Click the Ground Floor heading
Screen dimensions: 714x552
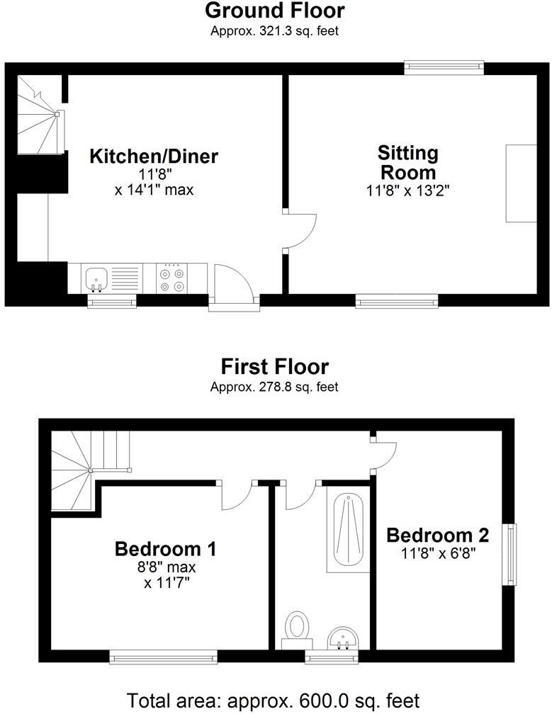(275, 11)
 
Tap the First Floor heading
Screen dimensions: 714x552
(275, 367)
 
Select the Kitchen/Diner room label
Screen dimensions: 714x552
(154, 156)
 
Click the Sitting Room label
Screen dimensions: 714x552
(408, 162)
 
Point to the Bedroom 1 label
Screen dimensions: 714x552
(165, 549)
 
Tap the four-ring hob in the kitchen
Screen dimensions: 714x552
(174, 277)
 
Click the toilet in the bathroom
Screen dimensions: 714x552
(297, 628)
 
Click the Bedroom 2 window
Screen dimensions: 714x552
(509, 554)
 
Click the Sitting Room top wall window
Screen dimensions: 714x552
(444, 68)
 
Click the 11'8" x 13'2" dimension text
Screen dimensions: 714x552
(409, 190)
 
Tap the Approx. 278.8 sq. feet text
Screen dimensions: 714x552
(274, 387)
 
